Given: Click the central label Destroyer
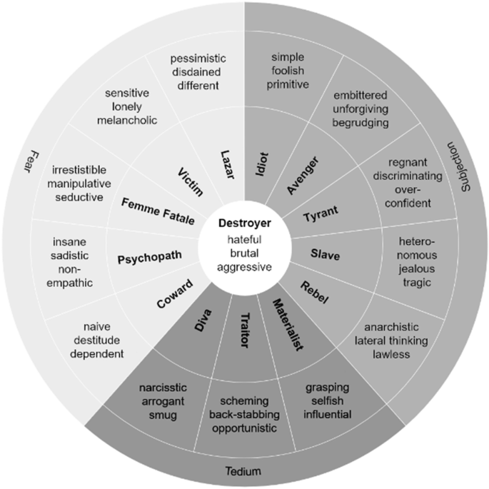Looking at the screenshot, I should (244, 223).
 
